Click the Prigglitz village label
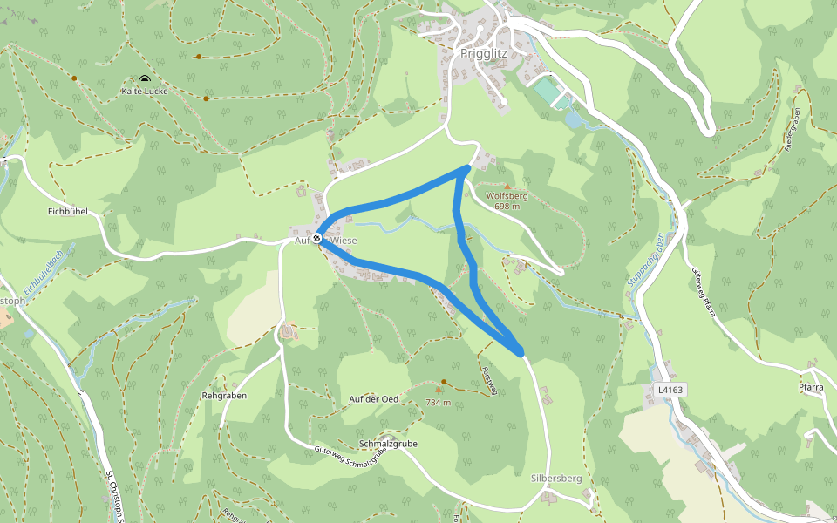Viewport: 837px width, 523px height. click(482, 52)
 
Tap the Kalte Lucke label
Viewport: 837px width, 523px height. click(145, 91)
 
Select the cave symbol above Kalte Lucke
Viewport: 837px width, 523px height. click(145, 80)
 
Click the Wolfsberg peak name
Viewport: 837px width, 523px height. click(507, 196)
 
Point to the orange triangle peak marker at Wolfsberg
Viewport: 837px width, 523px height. click(507, 186)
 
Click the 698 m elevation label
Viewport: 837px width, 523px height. click(507, 207)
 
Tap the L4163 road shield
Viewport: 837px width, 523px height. click(670, 390)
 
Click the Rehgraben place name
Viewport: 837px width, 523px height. click(224, 395)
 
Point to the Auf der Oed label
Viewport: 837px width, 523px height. click(373, 399)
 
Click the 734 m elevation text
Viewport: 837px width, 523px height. click(438, 403)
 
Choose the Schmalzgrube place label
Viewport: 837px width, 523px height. click(388, 443)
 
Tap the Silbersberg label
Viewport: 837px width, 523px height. click(556, 479)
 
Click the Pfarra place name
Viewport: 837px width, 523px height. click(811, 389)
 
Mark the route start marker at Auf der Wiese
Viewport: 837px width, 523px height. click(317, 238)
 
